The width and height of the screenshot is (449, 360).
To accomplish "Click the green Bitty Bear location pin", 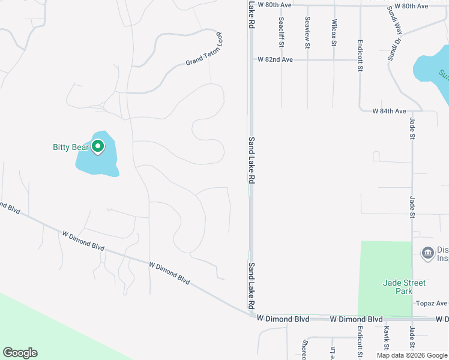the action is pyautogui.click(x=97, y=146).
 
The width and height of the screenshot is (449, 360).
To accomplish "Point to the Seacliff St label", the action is pyautogui.click(x=280, y=29).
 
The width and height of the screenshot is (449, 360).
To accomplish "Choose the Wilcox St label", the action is pyautogui.click(x=334, y=29).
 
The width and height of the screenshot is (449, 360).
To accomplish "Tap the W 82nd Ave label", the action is pyautogui.click(x=275, y=60).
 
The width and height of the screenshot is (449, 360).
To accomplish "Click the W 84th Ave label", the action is pyautogui.click(x=389, y=111).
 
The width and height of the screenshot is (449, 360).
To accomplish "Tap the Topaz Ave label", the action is pyautogui.click(x=433, y=304).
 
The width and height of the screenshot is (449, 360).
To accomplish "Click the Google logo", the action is pyautogui.click(x=20, y=353).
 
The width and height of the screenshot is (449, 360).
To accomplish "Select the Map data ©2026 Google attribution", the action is pyautogui.click(x=412, y=356).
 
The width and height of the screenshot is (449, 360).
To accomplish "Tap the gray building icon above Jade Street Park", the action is pyautogui.click(x=427, y=253).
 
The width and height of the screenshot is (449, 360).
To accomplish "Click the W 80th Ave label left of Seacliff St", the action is pyautogui.click(x=274, y=5).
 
